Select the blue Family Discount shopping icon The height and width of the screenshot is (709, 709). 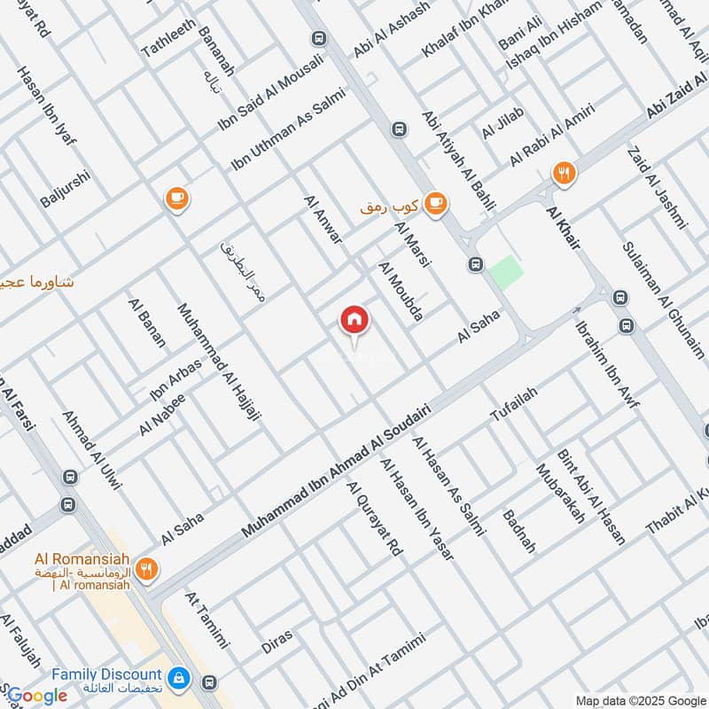point(179,677)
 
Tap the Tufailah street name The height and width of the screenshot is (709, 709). point(514,402)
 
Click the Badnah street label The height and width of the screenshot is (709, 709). point(519,531)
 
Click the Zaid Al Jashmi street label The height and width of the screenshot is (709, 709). point(657,187)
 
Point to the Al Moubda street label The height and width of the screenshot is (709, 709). point(402,291)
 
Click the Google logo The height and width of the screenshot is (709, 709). point(36,696)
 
